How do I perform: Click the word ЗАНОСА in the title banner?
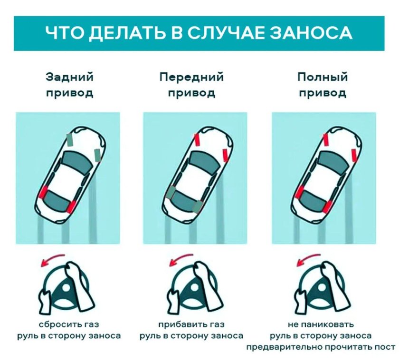pos(311,33)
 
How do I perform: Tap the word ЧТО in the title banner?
pos(66,33)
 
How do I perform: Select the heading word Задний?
pos(69,77)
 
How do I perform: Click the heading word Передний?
pos(191,77)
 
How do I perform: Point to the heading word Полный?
pos(323,77)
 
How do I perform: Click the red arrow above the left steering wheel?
pos(52,259)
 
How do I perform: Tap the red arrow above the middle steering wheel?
pos(180,259)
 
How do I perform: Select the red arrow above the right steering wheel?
pos(308,259)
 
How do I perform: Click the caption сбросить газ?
pos(69,324)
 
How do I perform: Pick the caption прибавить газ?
pos(191,324)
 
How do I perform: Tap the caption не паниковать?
pos(321,324)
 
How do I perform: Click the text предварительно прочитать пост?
pos(321,347)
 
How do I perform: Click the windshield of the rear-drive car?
pos(78,162)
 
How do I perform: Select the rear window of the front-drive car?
pos(183,201)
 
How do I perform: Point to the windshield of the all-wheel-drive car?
pos(334,162)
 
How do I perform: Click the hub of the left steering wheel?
pos(66,288)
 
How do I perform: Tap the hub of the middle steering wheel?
pos(194,288)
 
